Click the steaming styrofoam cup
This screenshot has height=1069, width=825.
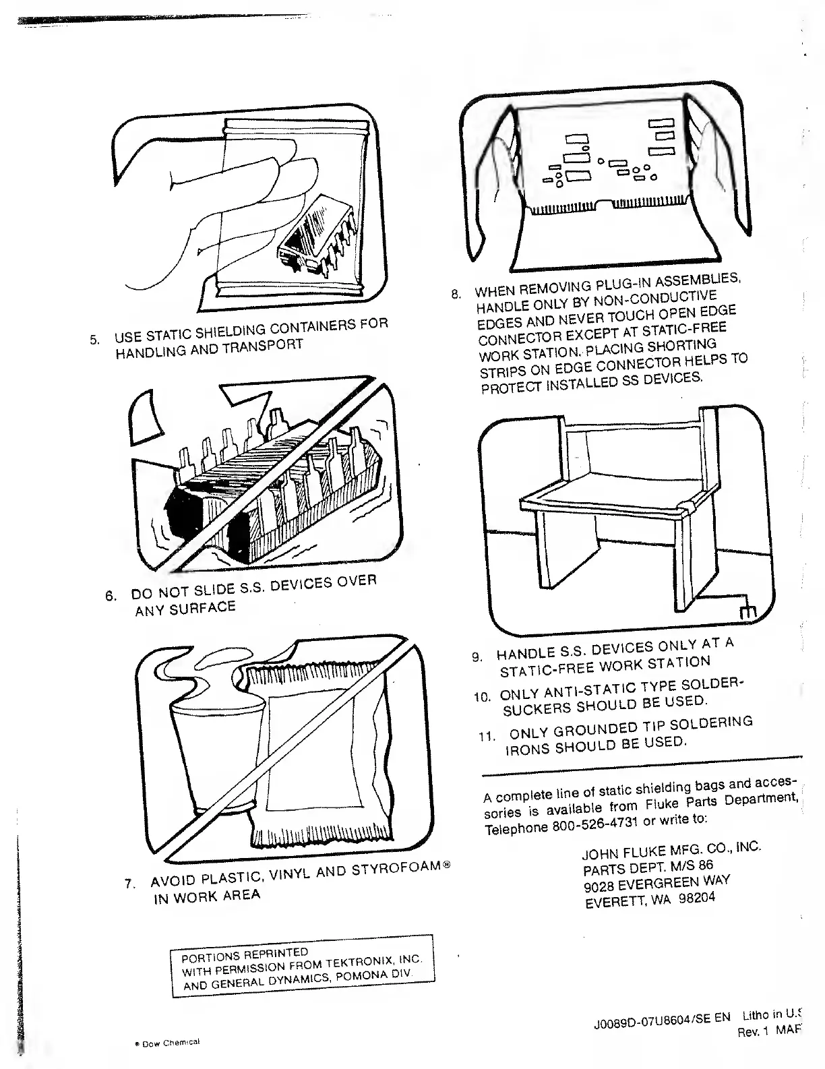coord(216,748)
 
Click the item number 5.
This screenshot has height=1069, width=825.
coord(95,338)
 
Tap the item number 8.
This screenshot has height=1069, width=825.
coord(456,294)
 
